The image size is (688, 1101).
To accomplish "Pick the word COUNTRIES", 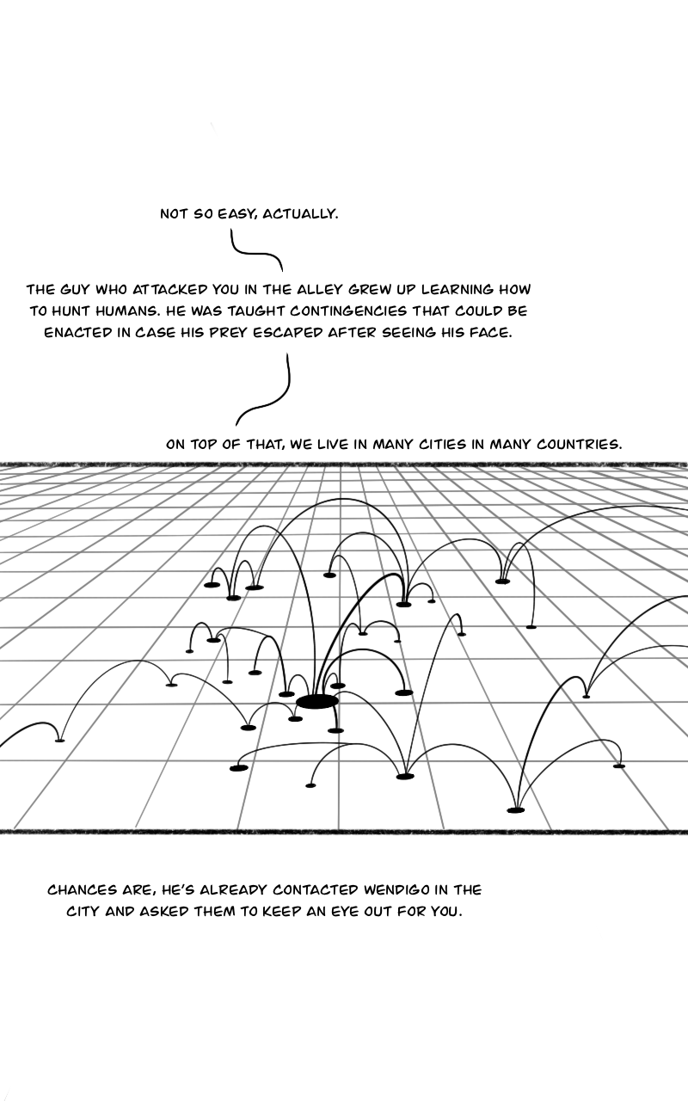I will coord(578,445).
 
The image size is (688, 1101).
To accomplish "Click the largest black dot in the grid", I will coord(316,702).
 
